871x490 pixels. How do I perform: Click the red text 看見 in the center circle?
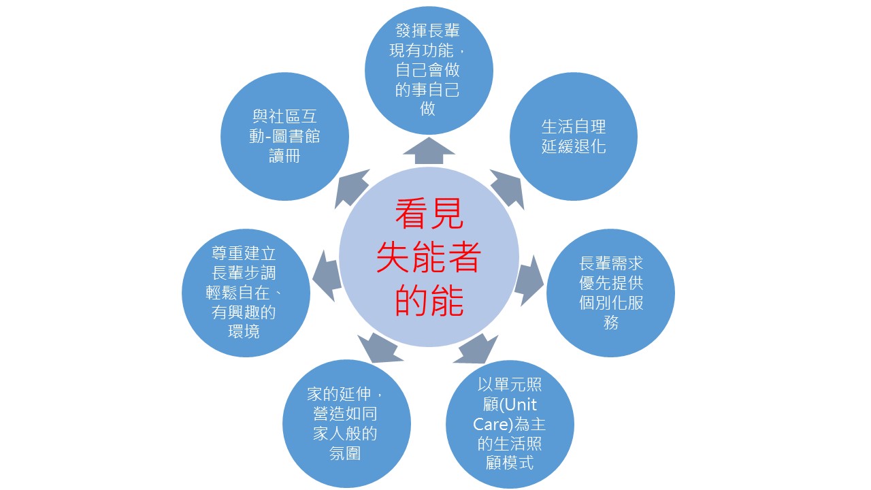pyautogui.click(x=429, y=214)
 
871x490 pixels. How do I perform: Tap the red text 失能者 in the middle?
pyautogui.click(x=429, y=257)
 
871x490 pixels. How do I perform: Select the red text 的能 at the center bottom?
pyautogui.click(x=429, y=300)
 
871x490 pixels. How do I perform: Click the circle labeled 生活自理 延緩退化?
pyautogui.click(x=574, y=137)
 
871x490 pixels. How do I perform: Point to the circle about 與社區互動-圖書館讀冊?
pyautogui.click(x=284, y=137)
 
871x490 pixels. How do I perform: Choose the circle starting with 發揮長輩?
pyautogui.click(x=429, y=70)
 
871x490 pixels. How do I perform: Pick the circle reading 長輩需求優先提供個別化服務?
pyautogui.click(x=610, y=293)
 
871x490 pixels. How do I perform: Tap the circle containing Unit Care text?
pyautogui.click(x=510, y=424)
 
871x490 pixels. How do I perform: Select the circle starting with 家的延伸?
pyautogui.click(x=346, y=423)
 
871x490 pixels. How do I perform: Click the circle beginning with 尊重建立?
pyautogui.click(x=246, y=293)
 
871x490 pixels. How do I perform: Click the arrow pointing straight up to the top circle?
pyautogui.click(x=429, y=150)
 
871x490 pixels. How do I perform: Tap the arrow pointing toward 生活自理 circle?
pyautogui.click(x=507, y=189)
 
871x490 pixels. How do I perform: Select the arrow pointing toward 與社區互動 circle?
pyautogui.click(x=352, y=189)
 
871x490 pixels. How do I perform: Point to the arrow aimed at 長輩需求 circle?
pyautogui.click(x=529, y=280)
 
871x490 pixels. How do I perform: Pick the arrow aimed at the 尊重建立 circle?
pyautogui.click(x=327, y=276)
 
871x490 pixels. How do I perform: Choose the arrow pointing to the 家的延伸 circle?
pyautogui.click(x=380, y=348)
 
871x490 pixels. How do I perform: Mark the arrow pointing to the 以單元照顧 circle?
pyautogui.click(x=476, y=348)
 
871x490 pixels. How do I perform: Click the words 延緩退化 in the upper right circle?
pyautogui.click(x=574, y=146)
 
